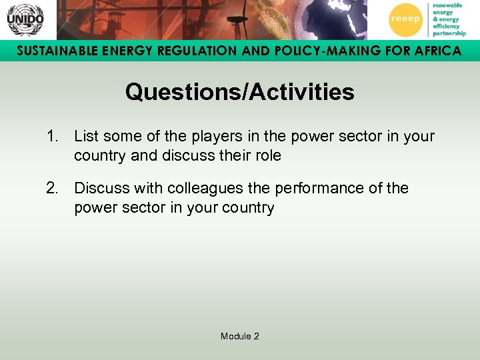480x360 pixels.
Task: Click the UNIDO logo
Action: point(25,19)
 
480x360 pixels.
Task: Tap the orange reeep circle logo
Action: point(405,19)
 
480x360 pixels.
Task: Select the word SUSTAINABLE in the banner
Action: point(51,51)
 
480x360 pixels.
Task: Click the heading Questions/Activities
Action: point(239,92)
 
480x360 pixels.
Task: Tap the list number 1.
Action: point(53,137)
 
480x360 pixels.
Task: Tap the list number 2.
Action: point(53,189)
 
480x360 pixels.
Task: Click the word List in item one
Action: point(86,137)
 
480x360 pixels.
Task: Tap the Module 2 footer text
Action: point(240,336)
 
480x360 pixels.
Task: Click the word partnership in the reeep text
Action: point(449,33)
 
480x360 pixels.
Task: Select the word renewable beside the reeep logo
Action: point(447,6)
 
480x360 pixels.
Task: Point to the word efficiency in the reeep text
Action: point(446,26)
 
